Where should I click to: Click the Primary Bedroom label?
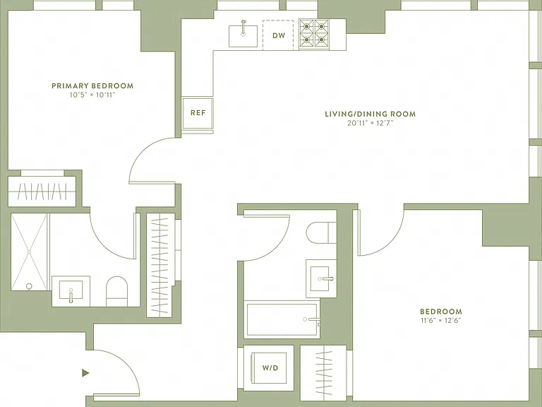click(x=92, y=85)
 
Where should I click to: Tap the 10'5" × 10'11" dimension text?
click(x=92, y=95)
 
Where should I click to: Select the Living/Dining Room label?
click(x=371, y=114)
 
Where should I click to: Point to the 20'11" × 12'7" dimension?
click(x=371, y=123)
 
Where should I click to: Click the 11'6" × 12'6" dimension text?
click(x=440, y=321)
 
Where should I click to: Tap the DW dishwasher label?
click(x=279, y=35)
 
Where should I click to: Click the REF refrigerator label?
click(x=198, y=113)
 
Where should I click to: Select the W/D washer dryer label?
click(x=270, y=368)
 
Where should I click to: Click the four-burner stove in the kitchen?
click(x=314, y=33)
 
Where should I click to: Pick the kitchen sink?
click(x=243, y=35)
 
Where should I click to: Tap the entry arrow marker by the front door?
click(x=85, y=373)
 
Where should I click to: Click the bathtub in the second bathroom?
click(x=282, y=319)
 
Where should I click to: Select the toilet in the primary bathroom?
click(x=116, y=291)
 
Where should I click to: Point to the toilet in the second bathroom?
click(x=322, y=233)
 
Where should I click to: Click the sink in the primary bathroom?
click(x=71, y=290)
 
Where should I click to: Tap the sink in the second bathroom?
click(x=320, y=278)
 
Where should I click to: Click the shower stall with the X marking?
click(x=29, y=252)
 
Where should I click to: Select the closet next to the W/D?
click(x=323, y=373)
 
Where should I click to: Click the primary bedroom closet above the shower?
click(x=42, y=191)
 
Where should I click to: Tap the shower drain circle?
click(x=29, y=286)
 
